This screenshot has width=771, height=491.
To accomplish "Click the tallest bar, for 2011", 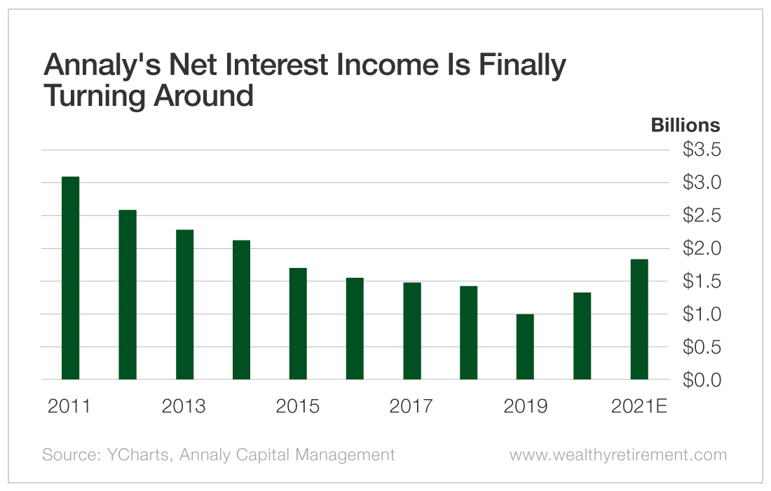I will (x=70, y=278).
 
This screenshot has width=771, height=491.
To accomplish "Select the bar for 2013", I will (x=184, y=304).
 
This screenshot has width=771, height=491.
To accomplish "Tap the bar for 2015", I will (x=298, y=323).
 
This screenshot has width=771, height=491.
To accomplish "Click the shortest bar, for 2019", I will (x=525, y=347).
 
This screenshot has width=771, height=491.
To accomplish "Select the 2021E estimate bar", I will (x=639, y=319).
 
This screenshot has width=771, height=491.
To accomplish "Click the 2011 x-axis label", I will (x=69, y=407).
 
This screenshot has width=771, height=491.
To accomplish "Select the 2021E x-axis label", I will (x=639, y=407).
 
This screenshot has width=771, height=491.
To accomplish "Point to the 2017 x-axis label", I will (x=411, y=407).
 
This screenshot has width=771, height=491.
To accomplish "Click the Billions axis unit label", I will (x=685, y=125).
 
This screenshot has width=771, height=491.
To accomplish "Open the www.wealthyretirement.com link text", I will (x=618, y=455).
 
